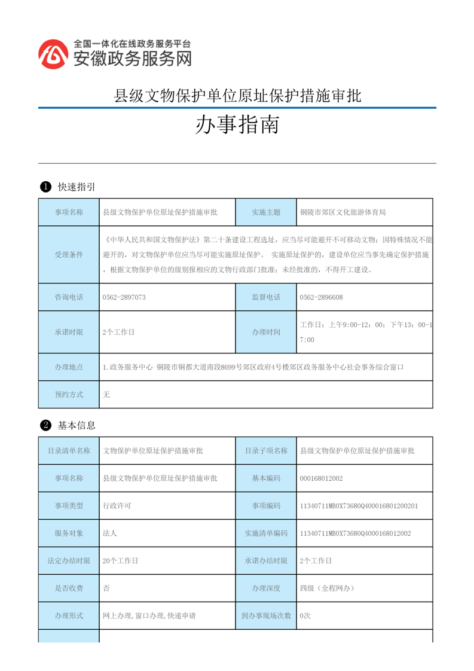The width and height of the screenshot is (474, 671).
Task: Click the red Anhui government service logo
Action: point(53,54)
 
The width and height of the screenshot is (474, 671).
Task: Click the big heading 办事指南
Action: point(237,125)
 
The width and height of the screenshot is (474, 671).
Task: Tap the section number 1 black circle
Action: point(45,187)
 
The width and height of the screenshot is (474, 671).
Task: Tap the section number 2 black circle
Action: point(45,426)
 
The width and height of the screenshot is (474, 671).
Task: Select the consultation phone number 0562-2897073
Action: point(124,297)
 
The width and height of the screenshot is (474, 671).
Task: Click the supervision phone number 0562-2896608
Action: point(321,297)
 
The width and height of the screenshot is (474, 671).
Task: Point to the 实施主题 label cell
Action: point(266,212)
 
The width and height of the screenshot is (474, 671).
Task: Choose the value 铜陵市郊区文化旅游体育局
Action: point(343,212)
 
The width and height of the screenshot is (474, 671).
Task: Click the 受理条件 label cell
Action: point(69,255)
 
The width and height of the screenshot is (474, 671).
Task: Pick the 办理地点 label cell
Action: point(69,367)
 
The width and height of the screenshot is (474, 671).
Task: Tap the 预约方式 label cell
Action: point(69,395)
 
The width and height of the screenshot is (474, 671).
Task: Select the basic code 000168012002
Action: point(322,478)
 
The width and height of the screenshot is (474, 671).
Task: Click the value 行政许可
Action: point(117,506)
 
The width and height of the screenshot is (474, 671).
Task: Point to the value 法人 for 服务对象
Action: point(110,533)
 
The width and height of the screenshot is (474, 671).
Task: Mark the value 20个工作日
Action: point(121,561)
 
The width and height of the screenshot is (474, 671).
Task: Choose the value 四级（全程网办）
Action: point(328,588)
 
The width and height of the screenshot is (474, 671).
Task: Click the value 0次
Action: point(305,615)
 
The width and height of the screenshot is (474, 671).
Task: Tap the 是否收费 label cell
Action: point(69,588)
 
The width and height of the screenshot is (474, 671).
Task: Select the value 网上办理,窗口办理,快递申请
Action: point(150,615)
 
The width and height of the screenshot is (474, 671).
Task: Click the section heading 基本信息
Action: point(77,426)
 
